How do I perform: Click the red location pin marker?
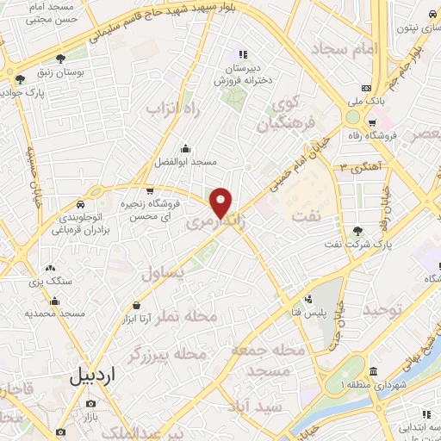221,202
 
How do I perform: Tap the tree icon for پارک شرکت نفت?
357,230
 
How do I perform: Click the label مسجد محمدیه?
55,314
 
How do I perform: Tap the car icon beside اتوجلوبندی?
79,204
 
